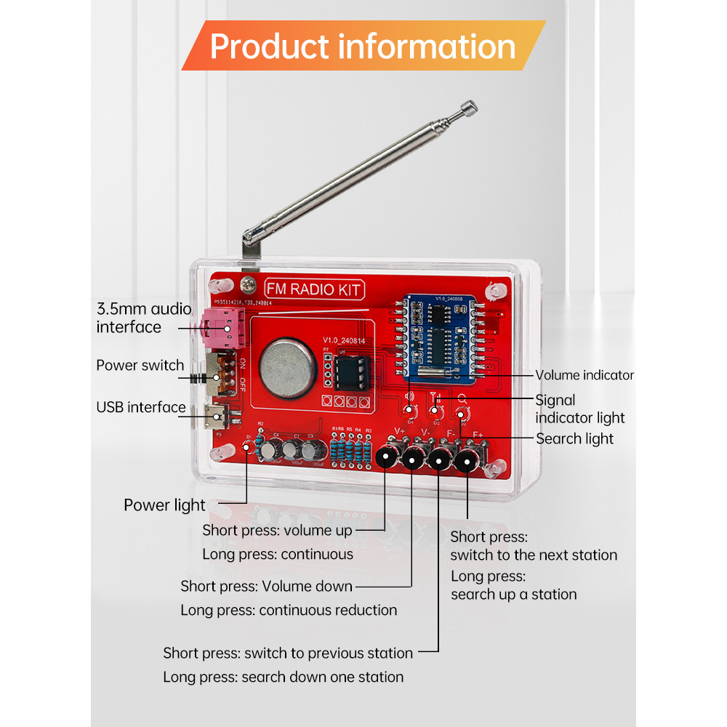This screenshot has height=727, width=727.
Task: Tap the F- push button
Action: click(439, 459)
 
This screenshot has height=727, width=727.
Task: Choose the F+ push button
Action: click(466, 459)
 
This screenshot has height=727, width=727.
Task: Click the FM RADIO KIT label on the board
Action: click(313, 290)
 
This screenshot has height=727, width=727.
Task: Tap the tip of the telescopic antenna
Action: click(470, 108)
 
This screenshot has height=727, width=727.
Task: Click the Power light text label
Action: click(164, 505)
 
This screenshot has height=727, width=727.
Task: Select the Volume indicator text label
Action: click(585, 375)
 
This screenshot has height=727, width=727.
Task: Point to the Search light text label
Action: click(574, 438)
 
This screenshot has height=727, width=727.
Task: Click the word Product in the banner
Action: click(267, 47)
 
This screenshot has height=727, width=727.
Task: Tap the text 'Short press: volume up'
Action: click(277, 530)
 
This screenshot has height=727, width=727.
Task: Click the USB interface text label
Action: click(141, 407)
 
